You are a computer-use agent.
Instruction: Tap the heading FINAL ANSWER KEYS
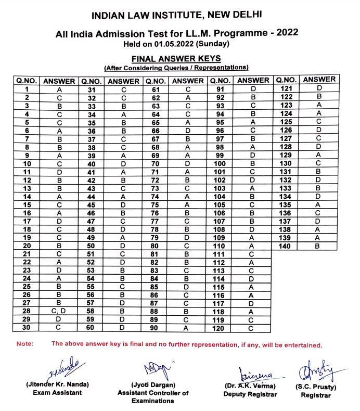click(176, 58)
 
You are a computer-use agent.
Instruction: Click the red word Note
click(24, 344)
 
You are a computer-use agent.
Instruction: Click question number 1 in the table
click(26, 89)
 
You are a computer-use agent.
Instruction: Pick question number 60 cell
click(91, 327)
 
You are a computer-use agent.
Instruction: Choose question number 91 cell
click(220, 89)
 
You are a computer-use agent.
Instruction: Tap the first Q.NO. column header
click(26, 81)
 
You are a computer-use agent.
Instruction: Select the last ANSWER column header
click(319, 80)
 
